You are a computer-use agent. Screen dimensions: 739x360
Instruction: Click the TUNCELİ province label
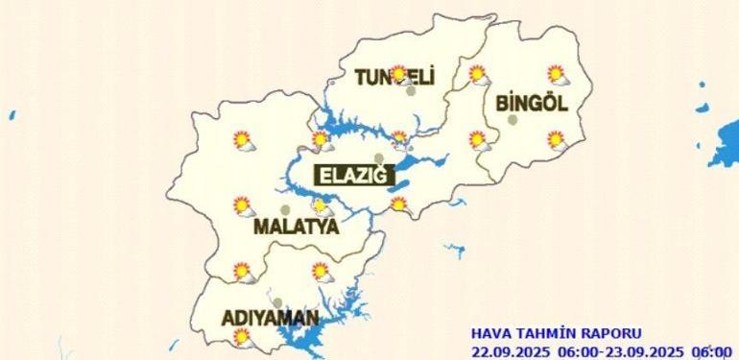click(394, 77)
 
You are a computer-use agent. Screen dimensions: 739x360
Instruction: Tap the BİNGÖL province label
click(532, 104)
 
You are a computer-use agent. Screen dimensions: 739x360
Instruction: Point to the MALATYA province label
click(297, 228)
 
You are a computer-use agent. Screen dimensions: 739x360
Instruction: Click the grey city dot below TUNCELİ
click(411, 91)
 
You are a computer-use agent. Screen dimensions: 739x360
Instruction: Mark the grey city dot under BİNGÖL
click(513, 120)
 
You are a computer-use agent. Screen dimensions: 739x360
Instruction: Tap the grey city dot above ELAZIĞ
click(379, 158)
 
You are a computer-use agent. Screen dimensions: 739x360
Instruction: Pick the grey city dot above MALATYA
click(284, 210)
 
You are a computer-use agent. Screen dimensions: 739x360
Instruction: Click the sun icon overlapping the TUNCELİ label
click(397, 73)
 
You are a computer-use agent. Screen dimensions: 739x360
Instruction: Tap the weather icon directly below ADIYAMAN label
click(242, 337)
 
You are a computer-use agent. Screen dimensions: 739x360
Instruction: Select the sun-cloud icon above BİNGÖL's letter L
click(556, 74)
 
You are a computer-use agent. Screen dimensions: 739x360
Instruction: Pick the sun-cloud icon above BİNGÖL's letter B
click(477, 74)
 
